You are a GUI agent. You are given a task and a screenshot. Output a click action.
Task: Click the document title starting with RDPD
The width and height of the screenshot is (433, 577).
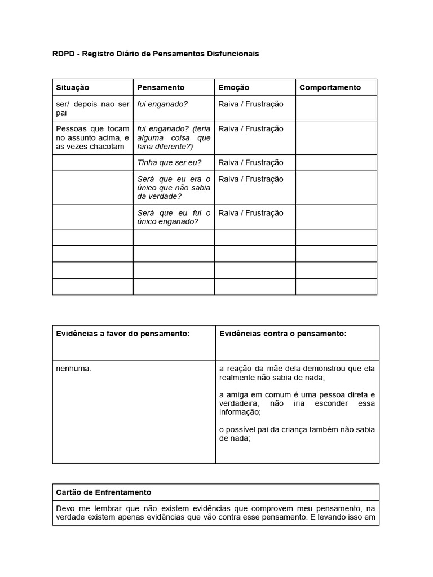coord(156,54)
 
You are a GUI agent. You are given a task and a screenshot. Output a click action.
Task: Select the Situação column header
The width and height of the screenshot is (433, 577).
coord(73,87)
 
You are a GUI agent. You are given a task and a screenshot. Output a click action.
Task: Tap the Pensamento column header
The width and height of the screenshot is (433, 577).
coord(161,87)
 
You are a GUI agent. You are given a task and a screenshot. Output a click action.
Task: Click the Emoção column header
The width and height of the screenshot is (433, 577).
coord(233,87)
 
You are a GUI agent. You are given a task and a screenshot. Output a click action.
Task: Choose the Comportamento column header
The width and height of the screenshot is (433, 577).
coord(330,87)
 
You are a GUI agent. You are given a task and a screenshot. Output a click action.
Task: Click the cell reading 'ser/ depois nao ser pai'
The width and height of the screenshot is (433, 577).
coord(92,108)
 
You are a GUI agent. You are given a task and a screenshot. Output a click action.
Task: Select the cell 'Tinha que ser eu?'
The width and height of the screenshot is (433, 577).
coord(169,163)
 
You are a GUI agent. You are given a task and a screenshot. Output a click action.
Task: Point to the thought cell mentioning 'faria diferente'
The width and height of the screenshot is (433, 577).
coord(174,137)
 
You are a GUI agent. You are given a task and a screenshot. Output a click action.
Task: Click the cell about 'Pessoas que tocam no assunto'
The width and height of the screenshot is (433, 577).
coord(92,137)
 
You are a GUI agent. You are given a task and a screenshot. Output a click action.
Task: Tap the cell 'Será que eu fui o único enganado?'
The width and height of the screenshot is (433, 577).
coord(174,218)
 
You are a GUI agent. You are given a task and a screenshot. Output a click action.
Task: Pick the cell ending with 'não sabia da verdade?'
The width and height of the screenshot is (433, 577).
coord(174,188)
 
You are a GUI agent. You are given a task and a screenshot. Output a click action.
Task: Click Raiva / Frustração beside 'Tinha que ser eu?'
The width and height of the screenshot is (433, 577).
coord(251,163)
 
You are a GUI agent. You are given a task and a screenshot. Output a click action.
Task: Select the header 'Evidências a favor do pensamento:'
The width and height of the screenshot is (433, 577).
coord(123,334)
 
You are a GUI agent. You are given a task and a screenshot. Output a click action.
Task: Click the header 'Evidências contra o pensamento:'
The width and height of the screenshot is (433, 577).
coord(282,334)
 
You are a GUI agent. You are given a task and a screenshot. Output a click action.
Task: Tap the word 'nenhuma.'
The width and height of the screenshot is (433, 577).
coord(74,369)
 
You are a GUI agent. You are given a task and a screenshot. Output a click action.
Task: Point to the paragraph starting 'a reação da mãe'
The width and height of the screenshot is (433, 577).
coord(297,373)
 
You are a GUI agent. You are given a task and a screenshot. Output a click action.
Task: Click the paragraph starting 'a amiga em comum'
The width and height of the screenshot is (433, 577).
coord(297,403)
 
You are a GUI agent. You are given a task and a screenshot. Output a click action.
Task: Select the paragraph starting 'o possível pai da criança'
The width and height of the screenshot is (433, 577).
coord(297,434)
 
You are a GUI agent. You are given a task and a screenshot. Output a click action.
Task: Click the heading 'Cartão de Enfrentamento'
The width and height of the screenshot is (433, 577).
coord(103,492)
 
